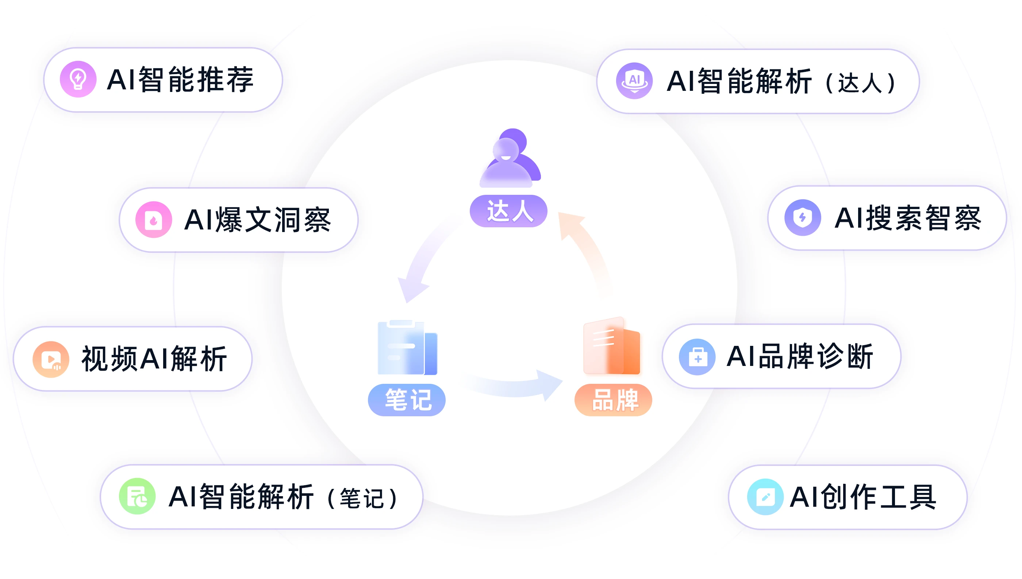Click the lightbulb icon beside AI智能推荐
[78, 79]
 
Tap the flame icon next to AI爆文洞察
[154, 220]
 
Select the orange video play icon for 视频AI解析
[51, 359]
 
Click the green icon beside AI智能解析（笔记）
[137, 496]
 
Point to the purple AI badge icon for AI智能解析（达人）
[634, 81]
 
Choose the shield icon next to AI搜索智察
[802, 217]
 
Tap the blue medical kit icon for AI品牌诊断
[698, 357]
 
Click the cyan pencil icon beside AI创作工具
[765, 497]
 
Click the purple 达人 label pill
[508, 211]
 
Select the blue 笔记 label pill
[407, 399]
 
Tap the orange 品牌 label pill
[613, 399]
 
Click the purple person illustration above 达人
[510, 158]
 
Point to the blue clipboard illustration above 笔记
[407, 347]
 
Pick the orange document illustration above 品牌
[611, 346]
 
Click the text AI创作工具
[862, 497]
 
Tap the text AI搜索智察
[907, 218]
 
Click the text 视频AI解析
[154, 359]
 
